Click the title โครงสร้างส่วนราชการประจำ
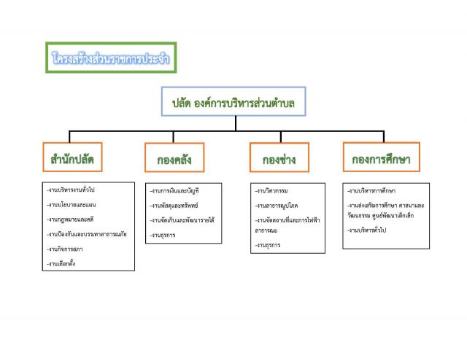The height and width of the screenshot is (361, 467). [112, 58]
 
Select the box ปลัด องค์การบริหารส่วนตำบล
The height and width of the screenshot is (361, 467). [233, 102]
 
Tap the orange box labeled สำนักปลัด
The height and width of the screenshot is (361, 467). [72, 157]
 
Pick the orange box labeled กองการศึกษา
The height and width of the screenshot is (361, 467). [381, 157]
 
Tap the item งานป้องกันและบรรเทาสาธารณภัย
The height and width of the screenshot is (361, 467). [86, 234]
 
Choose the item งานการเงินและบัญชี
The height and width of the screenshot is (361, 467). [175, 190]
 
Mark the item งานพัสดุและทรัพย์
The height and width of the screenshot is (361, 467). [174, 205]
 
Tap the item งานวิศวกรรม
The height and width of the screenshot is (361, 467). [272, 190]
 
